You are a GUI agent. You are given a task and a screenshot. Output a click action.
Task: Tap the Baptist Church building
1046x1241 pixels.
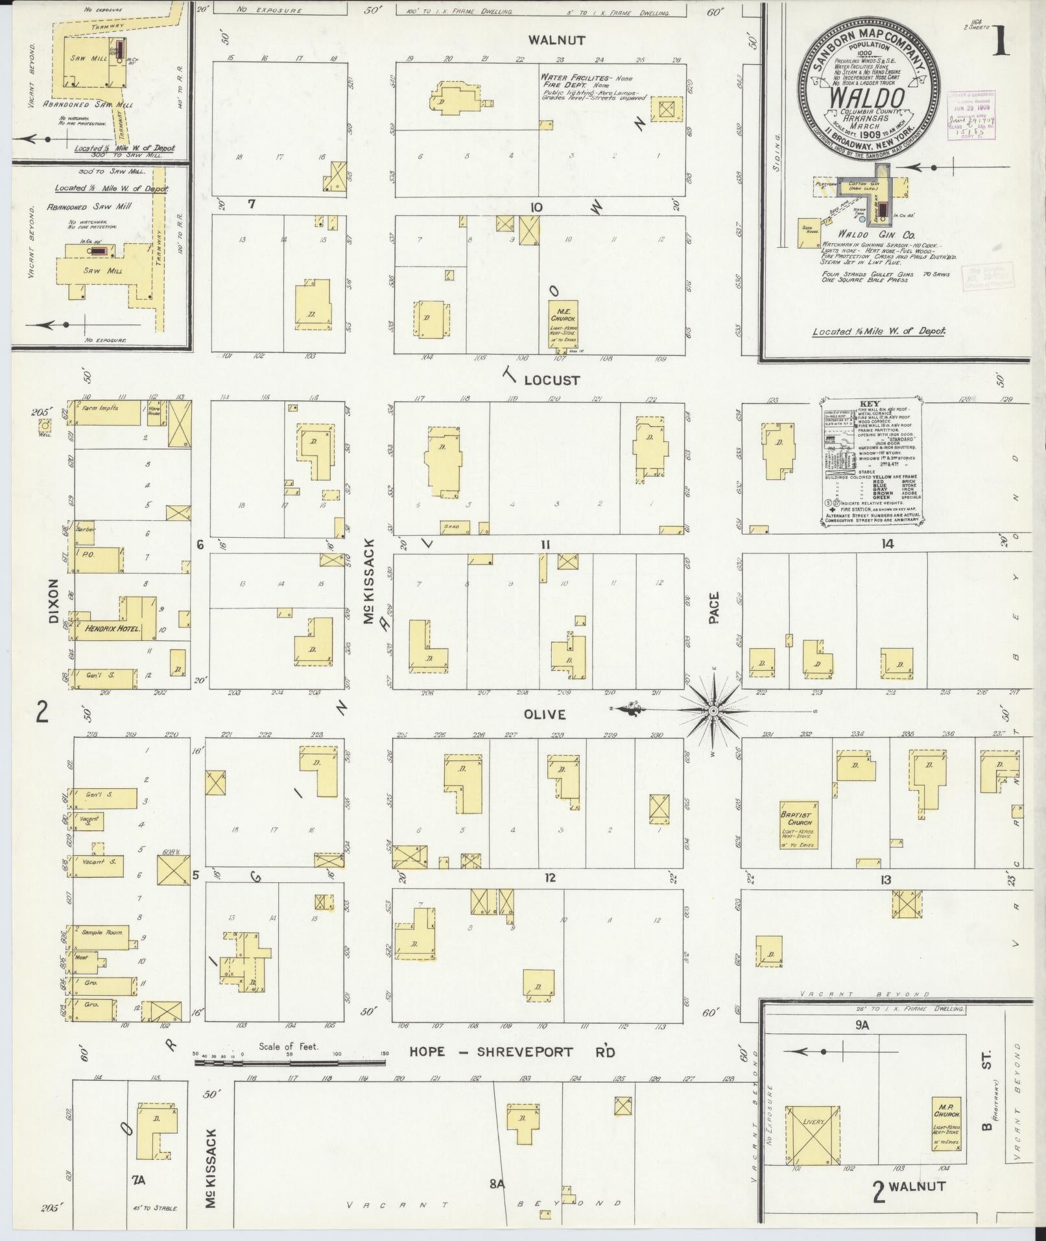[799, 825]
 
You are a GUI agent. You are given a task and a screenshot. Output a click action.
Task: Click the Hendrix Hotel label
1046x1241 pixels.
[112, 628]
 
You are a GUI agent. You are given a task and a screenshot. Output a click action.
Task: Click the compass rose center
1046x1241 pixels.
[713, 712]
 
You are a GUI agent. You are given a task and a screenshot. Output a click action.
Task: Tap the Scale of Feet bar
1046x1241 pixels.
[290, 1063]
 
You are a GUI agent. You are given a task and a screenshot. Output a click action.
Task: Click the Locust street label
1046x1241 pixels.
[551, 380]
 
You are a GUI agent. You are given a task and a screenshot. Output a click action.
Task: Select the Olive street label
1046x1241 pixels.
[545, 714]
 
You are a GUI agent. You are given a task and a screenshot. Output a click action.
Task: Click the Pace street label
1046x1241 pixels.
[714, 608]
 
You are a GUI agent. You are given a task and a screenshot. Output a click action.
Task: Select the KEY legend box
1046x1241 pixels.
[873, 461]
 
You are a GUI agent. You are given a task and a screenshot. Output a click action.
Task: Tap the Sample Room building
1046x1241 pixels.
[102, 934]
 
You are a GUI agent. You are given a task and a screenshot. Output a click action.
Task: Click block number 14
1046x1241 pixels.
[886, 544]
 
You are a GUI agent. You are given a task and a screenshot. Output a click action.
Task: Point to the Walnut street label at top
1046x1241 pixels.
[556, 40]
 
